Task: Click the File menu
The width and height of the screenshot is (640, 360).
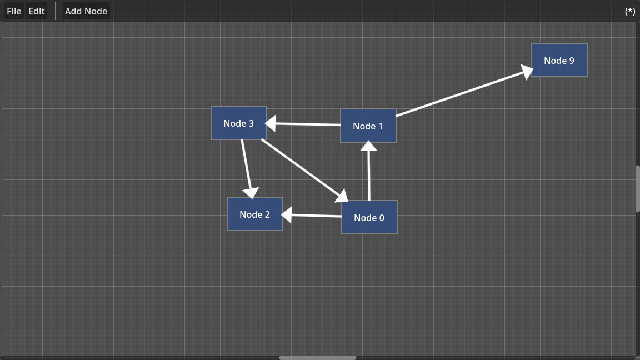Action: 14,11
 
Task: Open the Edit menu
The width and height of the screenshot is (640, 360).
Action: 37,11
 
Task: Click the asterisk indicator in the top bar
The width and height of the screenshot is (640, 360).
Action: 630,11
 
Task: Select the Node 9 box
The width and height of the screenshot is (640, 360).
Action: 559,60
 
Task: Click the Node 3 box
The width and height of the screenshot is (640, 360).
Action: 239,123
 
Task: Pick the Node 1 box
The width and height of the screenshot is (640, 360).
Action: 368,126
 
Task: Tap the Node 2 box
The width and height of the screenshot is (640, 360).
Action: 255,214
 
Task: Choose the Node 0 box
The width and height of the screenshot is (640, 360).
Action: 369,217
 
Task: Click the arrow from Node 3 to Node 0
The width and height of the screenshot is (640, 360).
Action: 300,167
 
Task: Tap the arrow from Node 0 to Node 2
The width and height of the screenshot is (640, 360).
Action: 314,215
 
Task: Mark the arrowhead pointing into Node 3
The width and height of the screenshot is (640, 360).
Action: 271,123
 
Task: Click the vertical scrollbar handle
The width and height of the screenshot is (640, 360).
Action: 637,188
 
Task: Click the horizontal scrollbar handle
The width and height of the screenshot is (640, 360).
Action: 317,357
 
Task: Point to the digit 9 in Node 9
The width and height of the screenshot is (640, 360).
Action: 571,61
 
